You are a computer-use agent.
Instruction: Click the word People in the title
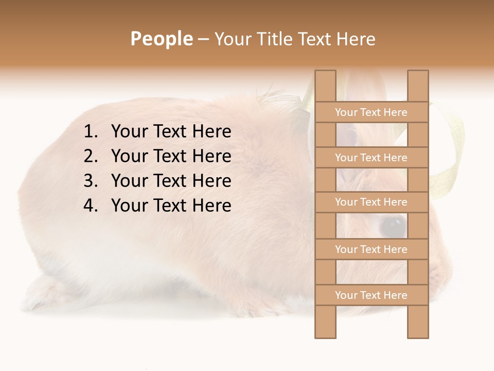[x=162, y=39]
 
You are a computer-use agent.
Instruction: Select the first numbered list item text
[x=171, y=132]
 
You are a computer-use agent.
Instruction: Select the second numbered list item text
[x=171, y=156]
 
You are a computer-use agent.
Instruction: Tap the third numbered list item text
[x=171, y=181]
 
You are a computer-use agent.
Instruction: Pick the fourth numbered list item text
[x=171, y=206]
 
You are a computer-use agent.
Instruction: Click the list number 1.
[x=90, y=132]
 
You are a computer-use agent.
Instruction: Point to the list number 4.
[x=90, y=206]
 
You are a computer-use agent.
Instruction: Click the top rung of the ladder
[x=371, y=112]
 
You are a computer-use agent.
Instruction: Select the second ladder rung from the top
[x=371, y=158]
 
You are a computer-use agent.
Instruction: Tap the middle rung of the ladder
[x=371, y=202]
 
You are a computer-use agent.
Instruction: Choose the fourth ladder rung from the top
[x=371, y=249]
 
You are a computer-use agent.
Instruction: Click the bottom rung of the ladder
[x=371, y=295]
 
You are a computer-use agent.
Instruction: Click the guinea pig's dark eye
[x=392, y=225]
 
